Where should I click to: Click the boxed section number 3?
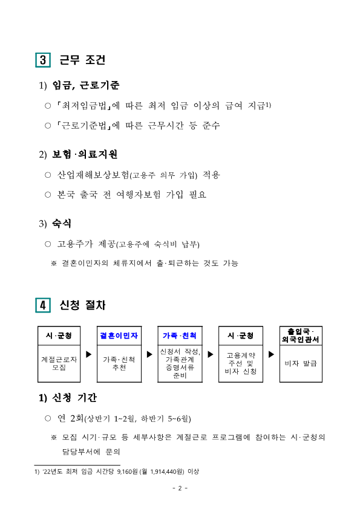(43, 60)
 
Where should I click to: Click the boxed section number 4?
(43, 306)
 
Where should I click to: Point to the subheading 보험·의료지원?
(85, 154)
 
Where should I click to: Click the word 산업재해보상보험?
(93, 175)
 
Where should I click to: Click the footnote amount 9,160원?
(129, 470)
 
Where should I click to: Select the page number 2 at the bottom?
(180, 488)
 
